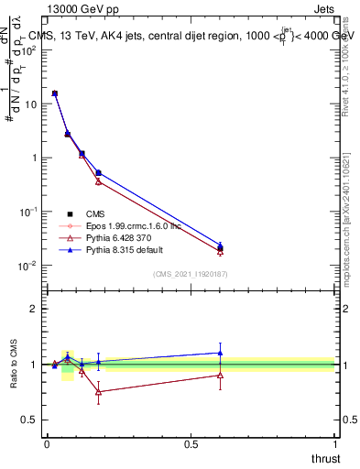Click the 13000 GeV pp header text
coord(82,10)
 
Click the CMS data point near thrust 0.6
coord(220,247)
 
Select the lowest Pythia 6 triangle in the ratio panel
coord(98,392)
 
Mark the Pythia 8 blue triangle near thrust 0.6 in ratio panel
coord(220,353)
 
